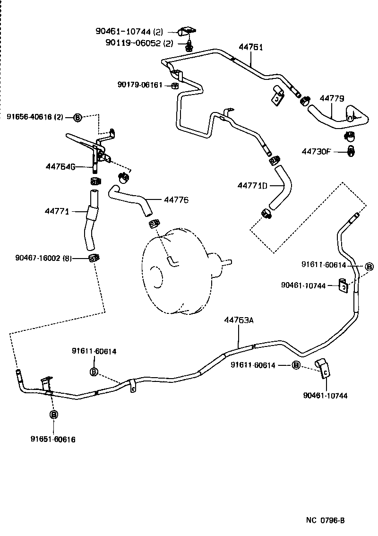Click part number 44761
tap(250, 47)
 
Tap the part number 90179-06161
tap(140, 85)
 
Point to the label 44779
tap(332, 98)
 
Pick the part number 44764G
tap(61, 166)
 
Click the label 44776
tap(176, 200)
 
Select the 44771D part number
tap(253, 186)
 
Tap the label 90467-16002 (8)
tap(43, 258)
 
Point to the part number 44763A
tap(239, 320)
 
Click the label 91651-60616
tap(53, 439)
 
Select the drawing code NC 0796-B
tap(326, 520)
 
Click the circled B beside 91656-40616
tap(77, 117)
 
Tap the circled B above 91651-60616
tap(53, 415)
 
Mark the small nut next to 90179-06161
tap(174, 86)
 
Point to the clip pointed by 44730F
tap(351, 151)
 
